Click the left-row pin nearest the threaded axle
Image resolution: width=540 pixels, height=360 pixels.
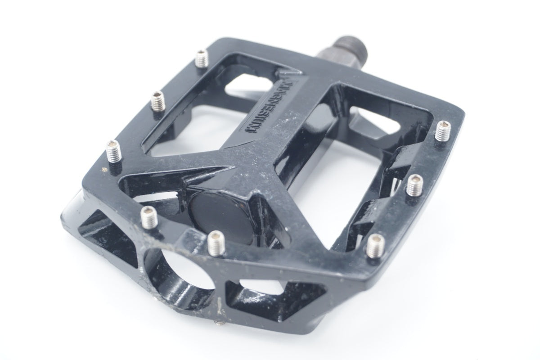tap(202, 58)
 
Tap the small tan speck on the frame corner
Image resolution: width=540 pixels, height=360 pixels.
tap(104, 169)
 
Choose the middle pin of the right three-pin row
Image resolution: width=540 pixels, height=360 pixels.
tap(414, 185)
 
